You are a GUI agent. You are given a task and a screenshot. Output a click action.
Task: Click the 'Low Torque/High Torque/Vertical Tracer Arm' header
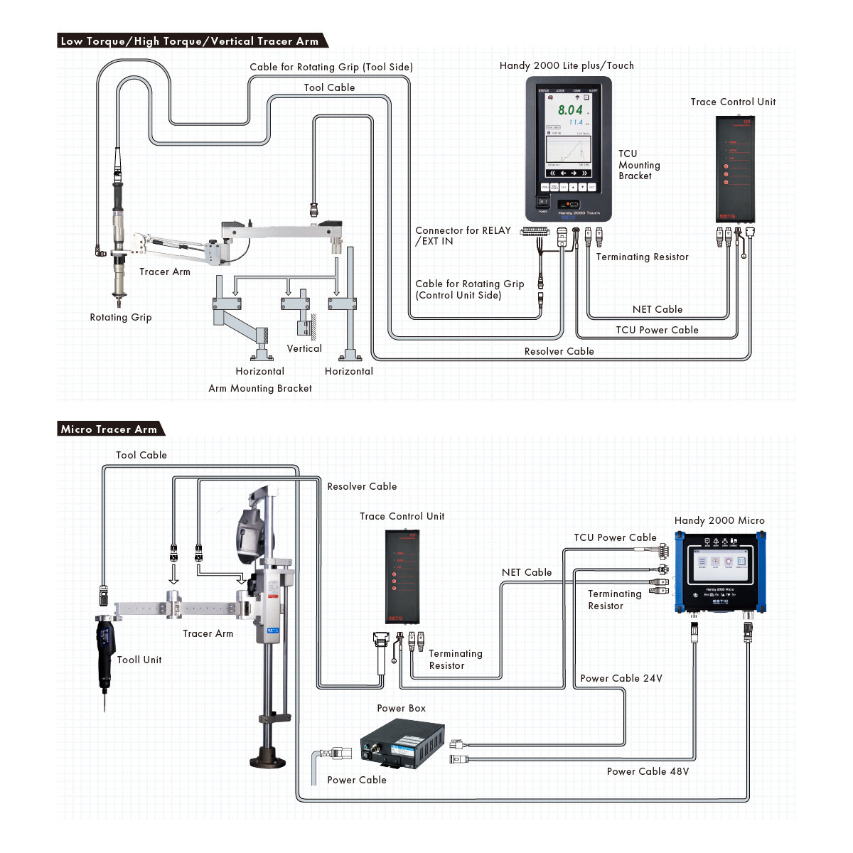190,41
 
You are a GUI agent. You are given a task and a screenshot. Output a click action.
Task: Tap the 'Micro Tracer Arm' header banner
109,429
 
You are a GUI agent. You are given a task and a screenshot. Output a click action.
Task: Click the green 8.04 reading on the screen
570,110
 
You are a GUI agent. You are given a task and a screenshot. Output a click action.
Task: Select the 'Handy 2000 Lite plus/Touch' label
567,65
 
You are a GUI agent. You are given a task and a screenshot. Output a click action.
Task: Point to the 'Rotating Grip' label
121,317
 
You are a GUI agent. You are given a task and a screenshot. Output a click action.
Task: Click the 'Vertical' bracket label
304,348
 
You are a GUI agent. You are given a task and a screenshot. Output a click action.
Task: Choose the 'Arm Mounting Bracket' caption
260,388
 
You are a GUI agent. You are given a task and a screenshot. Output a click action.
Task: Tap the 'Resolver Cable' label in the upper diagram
559,351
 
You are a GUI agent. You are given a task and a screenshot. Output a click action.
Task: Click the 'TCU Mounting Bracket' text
639,165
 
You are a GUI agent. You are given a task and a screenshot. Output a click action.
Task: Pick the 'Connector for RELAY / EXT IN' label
463,235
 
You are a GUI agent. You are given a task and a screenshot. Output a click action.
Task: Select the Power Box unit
402,744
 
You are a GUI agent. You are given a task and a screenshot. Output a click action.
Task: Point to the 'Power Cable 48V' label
648,771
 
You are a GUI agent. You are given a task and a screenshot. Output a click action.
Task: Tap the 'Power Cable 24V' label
621,678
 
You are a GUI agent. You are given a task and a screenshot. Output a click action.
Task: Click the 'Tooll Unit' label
139,660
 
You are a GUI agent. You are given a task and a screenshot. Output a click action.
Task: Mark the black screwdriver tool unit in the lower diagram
105,650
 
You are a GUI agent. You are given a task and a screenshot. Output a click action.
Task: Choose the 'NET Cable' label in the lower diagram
527,572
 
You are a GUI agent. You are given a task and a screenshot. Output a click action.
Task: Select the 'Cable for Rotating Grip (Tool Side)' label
331,67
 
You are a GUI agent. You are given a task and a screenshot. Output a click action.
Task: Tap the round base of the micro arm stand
268,758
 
